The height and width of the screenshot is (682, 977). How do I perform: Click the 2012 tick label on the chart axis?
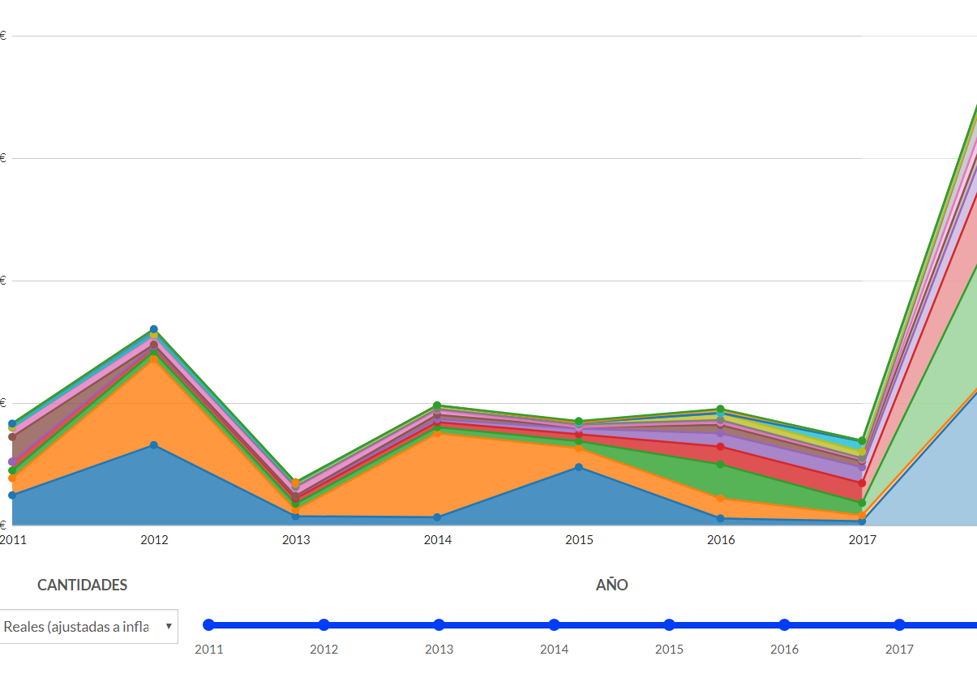pos(154,540)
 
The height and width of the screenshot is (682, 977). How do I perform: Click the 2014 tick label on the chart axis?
pos(438,540)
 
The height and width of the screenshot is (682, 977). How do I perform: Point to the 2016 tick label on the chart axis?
pos(721,540)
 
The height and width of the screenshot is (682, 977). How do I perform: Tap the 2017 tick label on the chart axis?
pos(863,540)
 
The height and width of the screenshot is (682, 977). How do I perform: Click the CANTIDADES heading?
pos(83,585)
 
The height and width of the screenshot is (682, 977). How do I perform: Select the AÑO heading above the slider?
pos(612,585)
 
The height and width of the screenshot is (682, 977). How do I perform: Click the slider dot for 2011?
pos(208,624)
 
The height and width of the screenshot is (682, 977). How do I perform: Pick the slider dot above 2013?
pos(439,624)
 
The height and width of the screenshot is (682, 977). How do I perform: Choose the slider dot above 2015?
pos(669,624)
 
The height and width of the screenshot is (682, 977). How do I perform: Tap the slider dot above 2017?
pos(899,624)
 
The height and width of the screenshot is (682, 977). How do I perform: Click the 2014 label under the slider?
pos(555,650)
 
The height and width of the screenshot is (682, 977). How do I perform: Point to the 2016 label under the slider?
pos(784,650)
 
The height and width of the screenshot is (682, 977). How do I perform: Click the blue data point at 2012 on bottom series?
pos(154,445)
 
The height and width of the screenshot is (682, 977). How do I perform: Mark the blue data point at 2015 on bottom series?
pos(579,467)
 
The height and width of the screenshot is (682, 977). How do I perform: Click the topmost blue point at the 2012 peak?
pos(154,329)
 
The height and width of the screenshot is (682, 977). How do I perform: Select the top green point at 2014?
pos(437,405)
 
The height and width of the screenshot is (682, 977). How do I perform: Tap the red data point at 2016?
pos(720,447)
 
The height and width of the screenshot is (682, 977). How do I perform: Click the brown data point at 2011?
pos(12,437)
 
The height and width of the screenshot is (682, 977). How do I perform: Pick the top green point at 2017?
pos(863,441)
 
